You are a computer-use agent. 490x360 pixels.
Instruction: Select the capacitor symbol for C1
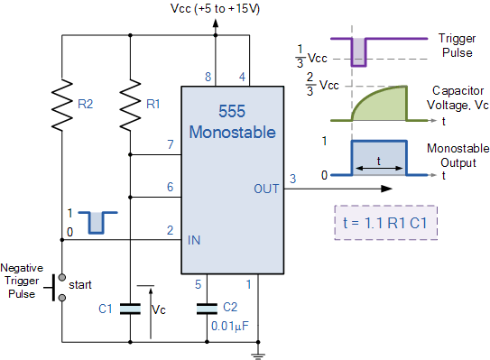[x=130, y=309]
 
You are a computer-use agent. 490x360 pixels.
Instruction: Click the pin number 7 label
[x=169, y=144]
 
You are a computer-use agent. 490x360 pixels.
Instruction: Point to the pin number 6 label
[x=169, y=187]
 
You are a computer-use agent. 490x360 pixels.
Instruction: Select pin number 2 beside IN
[x=169, y=230]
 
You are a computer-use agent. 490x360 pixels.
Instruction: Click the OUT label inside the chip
[x=266, y=189]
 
